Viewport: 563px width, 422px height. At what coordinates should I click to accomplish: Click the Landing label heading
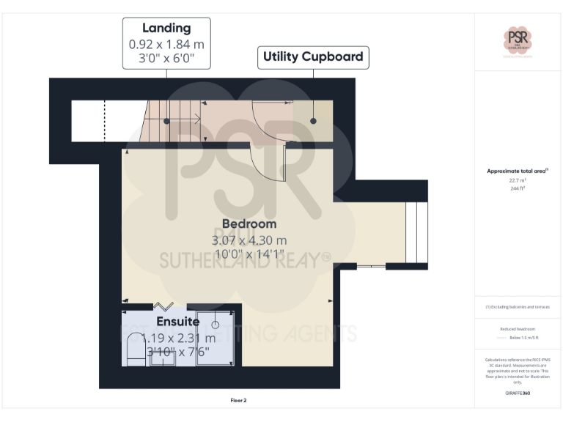point(166,28)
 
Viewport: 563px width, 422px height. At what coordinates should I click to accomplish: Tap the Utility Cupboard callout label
point(313,56)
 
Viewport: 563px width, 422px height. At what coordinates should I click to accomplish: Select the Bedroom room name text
point(249,223)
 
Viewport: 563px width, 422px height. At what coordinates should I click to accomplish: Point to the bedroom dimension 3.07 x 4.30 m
point(249,240)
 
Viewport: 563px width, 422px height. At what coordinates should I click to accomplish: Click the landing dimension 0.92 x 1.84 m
point(166,44)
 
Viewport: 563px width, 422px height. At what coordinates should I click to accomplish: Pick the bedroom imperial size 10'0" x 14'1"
point(249,254)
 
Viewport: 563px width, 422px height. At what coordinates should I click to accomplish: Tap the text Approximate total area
point(516,171)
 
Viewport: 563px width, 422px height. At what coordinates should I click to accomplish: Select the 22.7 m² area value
point(518,180)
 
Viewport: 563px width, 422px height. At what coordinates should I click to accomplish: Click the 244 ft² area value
point(518,188)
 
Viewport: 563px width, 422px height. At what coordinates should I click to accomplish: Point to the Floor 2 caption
point(239,401)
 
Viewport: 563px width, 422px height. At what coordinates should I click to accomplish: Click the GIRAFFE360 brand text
point(518,393)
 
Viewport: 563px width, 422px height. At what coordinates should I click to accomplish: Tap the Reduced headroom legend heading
point(518,330)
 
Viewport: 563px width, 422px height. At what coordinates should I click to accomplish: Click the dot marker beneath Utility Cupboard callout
point(313,121)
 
